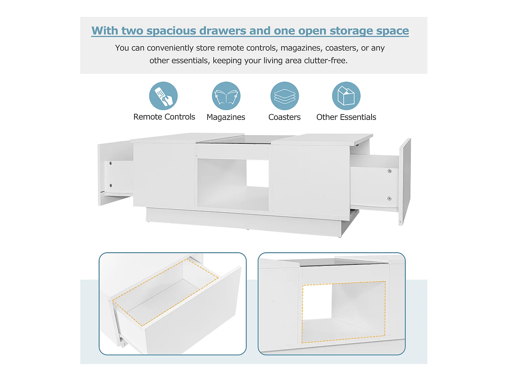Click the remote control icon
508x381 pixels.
tap(163, 96)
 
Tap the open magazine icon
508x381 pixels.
tap(226, 96)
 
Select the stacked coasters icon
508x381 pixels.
tap(284, 96)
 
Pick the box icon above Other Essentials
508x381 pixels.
tap(346, 96)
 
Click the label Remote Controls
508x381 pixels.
tap(164, 117)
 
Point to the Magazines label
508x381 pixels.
tap(226, 117)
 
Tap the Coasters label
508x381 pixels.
tap(284, 117)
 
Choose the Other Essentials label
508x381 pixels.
tap(346, 117)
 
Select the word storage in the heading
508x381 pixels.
tap(351, 31)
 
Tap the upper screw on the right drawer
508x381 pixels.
tap(390, 171)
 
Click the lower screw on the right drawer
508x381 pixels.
tap(389, 198)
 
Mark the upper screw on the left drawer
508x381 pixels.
tap(111, 163)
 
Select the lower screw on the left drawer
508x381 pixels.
tap(111, 185)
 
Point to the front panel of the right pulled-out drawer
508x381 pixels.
tap(405, 182)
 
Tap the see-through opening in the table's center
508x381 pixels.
tap(257, 173)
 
